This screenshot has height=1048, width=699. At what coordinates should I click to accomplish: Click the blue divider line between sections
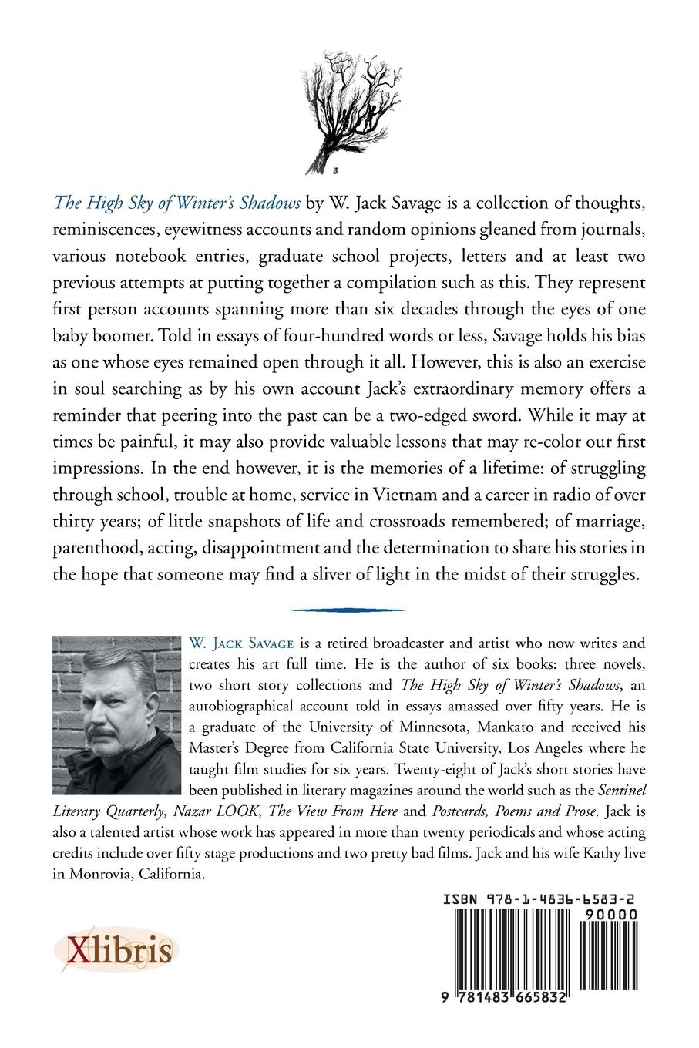(348, 609)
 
